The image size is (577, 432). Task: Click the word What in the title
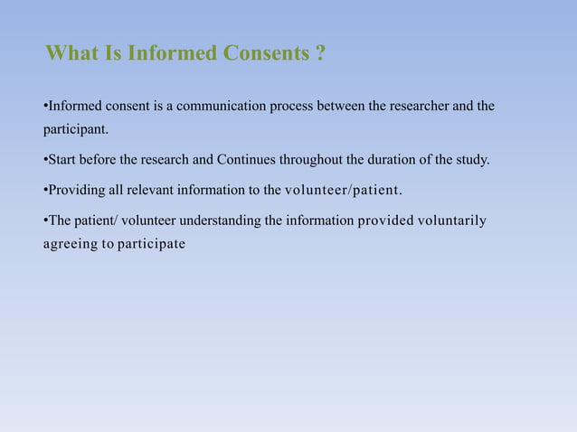tap(71, 53)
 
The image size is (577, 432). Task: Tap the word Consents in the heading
tap(264, 53)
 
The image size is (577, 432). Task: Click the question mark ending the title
tap(320, 53)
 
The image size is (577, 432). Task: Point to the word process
tap(290, 107)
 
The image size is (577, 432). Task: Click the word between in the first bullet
tap(341, 107)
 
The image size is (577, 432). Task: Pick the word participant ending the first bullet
tap(75, 129)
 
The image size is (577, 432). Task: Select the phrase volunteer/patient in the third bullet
tap(343, 190)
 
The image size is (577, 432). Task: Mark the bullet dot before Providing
tap(45, 191)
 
